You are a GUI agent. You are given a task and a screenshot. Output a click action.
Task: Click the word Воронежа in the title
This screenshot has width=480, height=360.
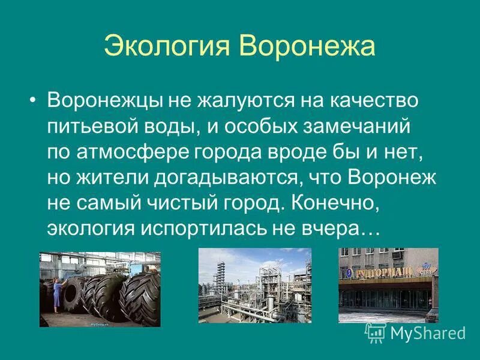(307, 46)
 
